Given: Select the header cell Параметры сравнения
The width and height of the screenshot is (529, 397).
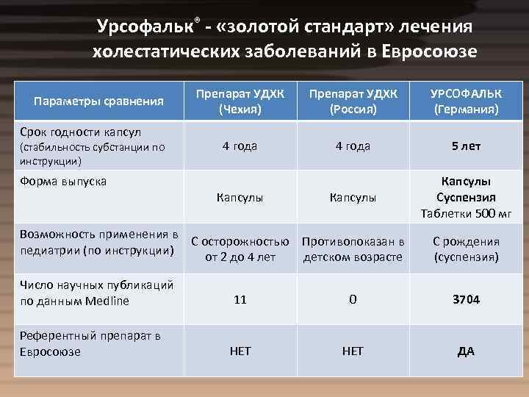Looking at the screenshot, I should point(101,101).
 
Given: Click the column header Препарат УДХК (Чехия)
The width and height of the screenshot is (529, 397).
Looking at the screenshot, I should point(240,101).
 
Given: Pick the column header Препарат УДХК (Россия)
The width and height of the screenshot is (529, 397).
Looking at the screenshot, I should point(353,101).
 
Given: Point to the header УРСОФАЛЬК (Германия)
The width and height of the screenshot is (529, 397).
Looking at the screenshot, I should point(466,101).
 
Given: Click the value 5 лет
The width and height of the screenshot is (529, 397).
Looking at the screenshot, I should point(466,146).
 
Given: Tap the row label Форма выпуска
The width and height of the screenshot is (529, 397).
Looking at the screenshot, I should point(62,182).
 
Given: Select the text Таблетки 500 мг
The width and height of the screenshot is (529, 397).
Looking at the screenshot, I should point(466,214).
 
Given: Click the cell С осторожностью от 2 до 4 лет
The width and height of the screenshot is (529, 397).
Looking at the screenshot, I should point(240,249).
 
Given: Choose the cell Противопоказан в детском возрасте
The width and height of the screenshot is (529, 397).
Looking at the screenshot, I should point(353,249).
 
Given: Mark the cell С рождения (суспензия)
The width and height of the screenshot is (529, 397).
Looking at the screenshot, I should point(466,249).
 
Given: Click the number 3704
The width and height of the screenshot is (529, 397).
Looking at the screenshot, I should point(466,300).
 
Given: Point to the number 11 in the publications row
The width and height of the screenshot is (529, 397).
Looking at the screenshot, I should point(240,300).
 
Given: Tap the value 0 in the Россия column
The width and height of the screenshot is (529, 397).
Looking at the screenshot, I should point(353,300).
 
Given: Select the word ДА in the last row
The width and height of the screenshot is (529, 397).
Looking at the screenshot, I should point(466,351).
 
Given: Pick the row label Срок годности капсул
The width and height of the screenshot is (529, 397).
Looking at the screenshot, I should point(81,132).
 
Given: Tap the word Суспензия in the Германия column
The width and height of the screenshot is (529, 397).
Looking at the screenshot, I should point(466,198).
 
